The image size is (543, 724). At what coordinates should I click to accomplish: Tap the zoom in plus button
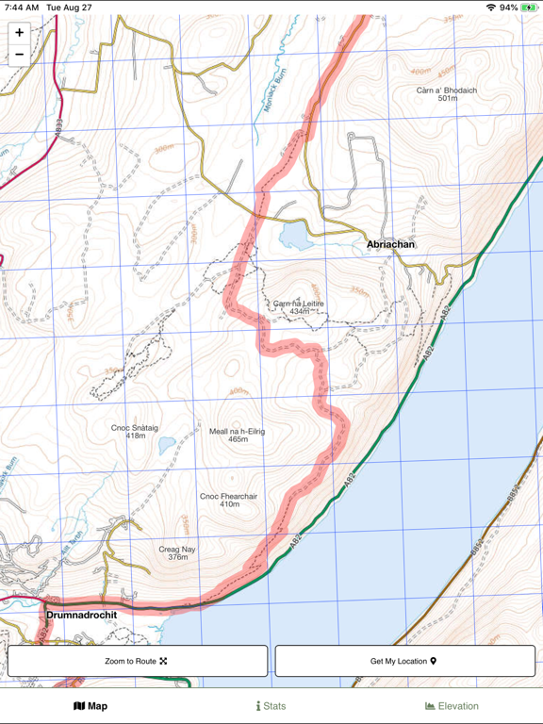19,33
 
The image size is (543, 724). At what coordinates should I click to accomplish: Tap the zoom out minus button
19,55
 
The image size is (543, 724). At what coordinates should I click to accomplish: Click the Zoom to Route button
138,661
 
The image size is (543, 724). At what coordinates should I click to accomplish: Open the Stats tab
271,706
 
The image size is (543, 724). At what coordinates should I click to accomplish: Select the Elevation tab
452,706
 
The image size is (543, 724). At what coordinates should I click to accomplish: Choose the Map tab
90,706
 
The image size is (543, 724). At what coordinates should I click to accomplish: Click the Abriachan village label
390,244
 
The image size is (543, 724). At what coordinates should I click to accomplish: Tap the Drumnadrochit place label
82,615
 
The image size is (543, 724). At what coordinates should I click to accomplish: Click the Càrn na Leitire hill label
299,306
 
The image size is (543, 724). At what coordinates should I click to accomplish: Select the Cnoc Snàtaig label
135,431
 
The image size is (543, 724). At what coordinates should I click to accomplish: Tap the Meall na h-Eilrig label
238,435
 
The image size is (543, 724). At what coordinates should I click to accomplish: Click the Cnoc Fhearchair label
230,500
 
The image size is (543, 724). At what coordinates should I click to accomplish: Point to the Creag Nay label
177,552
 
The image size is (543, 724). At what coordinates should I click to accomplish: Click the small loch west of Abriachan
294,235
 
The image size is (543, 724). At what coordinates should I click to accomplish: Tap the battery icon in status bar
529,8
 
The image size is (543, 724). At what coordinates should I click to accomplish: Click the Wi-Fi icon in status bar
491,8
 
